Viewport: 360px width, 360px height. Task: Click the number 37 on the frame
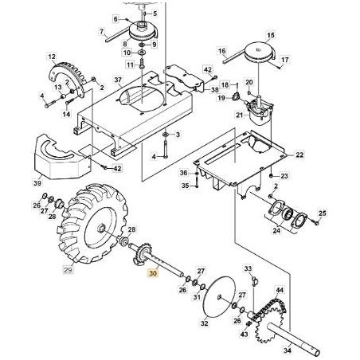point(117,80)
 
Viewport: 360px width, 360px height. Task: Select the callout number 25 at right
point(323,213)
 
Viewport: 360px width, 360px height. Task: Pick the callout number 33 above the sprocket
point(248,270)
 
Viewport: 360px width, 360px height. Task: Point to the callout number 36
point(182,173)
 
